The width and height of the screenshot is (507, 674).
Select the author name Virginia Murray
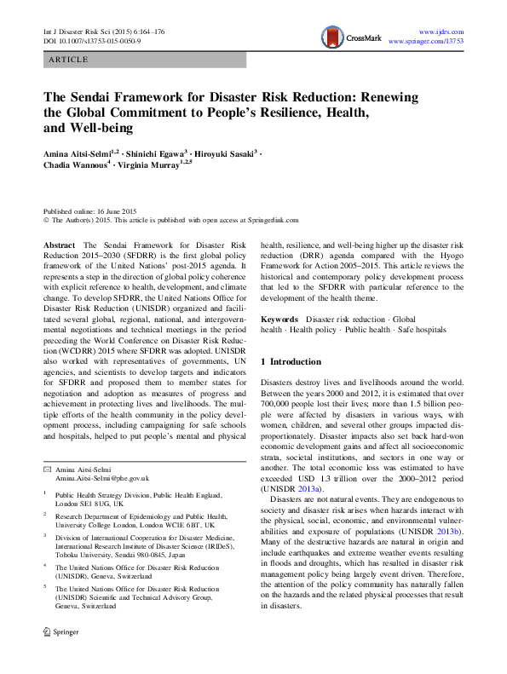click(158, 165)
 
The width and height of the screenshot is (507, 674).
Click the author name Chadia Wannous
click(74, 165)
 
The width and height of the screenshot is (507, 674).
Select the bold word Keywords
click(280, 319)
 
